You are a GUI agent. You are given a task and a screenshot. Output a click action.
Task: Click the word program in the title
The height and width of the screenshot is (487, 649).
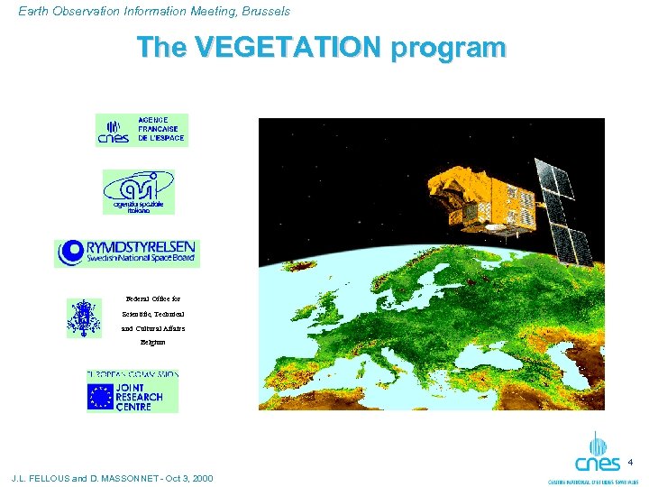click(448, 48)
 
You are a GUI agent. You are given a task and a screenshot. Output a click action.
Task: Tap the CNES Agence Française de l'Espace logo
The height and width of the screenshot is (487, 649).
click(142, 131)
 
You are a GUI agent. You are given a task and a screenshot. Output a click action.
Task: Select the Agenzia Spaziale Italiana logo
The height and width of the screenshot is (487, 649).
click(138, 191)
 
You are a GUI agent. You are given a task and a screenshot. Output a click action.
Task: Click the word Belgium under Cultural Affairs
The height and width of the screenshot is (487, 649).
click(152, 343)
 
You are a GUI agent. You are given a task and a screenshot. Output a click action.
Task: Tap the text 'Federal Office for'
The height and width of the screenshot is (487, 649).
click(153, 298)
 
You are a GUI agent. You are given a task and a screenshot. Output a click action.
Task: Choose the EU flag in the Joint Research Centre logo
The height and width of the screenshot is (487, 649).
click(100, 396)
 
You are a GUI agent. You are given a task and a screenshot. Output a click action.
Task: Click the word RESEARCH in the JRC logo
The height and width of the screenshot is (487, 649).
click(140, 396)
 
